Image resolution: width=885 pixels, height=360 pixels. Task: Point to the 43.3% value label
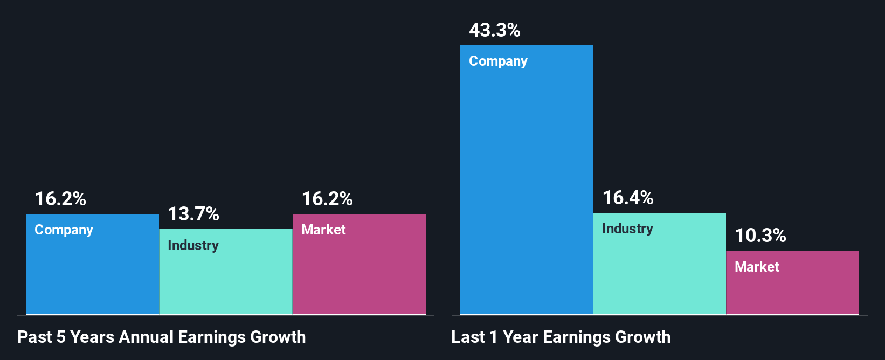[x=494, y=30]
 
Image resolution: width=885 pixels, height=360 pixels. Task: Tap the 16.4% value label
[x=627, y=198]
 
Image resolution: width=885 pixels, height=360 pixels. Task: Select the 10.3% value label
[x=760, y=236]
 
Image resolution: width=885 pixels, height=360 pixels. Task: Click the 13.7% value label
[x=193, y=214]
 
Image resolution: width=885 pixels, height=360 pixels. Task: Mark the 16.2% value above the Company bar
[x=60, y=199]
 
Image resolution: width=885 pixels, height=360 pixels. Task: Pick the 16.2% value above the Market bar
[x=327, y=199]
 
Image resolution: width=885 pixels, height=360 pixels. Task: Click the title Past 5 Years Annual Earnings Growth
[x=161, y=337]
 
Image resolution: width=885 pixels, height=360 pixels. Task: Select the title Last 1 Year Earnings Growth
[x=561, y=337]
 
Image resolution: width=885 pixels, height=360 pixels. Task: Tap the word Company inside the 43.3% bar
[x=498, y=61]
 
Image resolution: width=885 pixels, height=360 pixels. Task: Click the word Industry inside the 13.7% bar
[x=193, y=245]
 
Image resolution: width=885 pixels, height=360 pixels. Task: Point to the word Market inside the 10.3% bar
[x=757, y=267]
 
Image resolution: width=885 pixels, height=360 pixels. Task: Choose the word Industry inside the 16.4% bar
[x=627, y=229]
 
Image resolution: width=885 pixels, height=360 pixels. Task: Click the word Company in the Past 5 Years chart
[x=64, y=230]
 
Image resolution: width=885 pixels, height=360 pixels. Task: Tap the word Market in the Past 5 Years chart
[x=323, y=230]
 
